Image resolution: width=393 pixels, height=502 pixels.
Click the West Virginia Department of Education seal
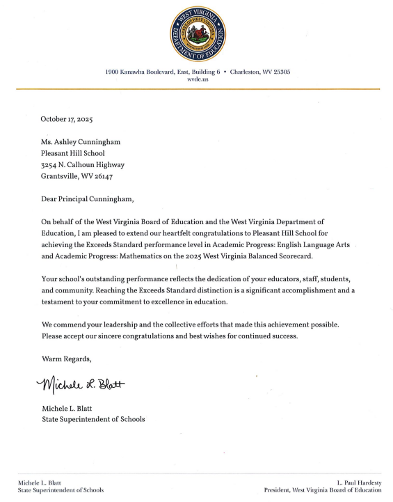tap(198, 33)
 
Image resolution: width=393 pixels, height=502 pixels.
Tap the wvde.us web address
tap(198, 79)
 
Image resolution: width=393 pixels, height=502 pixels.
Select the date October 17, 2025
tap(67, 119)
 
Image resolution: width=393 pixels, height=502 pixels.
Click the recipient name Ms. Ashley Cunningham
tap(82, 141)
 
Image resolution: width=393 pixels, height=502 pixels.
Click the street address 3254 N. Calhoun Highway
tap(83, 164)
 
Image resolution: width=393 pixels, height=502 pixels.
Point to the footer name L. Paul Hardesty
tap(359, 483)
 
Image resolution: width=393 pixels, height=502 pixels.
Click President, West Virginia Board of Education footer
tap(323, 490)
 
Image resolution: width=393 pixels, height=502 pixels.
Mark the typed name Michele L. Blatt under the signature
tap(68, 409)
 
